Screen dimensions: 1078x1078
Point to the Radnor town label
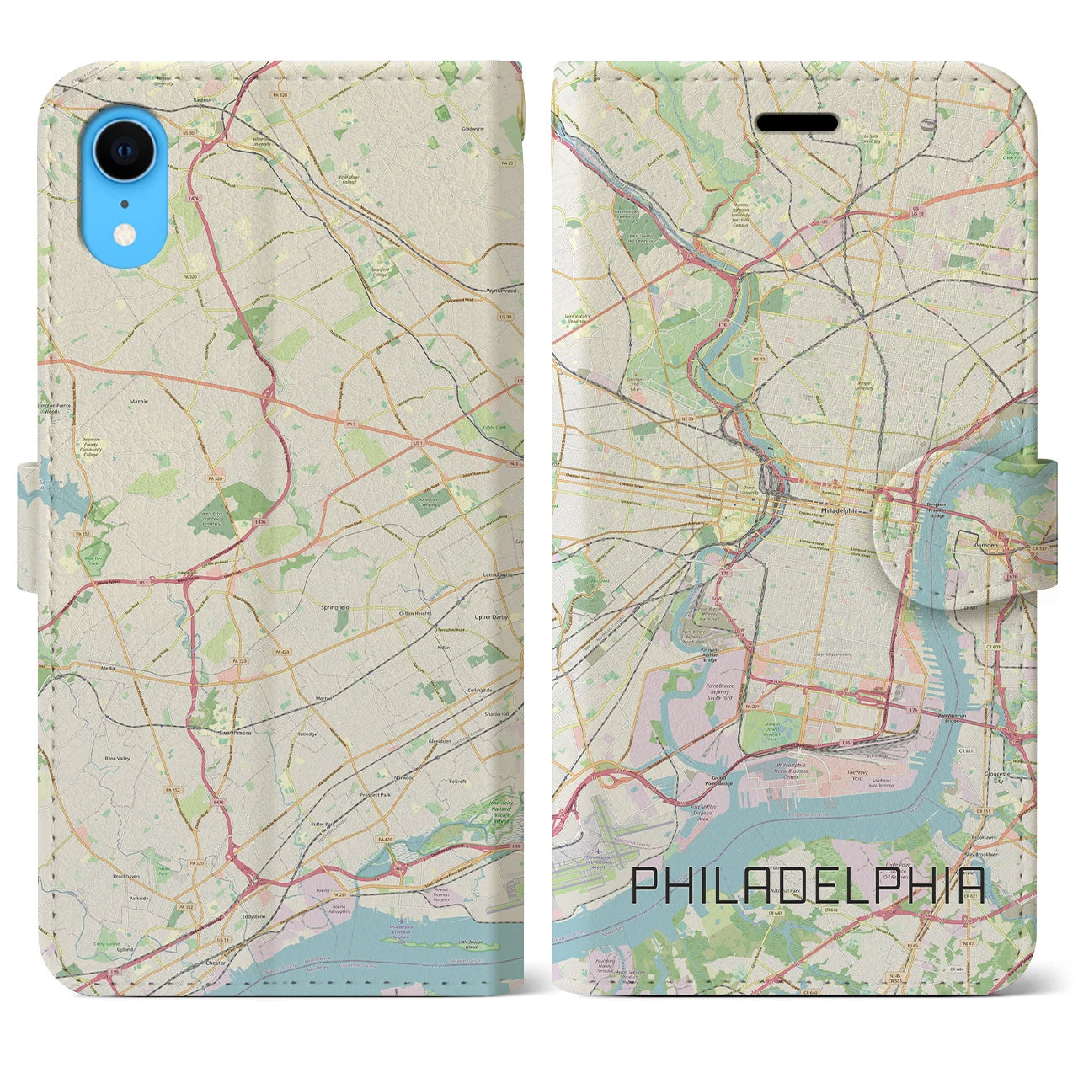click(x=201, y=99)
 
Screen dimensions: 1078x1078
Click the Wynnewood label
click(x=501, y=290)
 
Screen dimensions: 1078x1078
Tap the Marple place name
click(x=139, y=402)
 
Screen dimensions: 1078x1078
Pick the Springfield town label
click(x=334, y=606)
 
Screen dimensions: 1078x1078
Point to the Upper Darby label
click(x=493, y=616)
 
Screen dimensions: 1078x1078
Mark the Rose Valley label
click(x=117, y=758)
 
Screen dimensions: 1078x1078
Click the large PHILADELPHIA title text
click(x=808, y=885)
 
